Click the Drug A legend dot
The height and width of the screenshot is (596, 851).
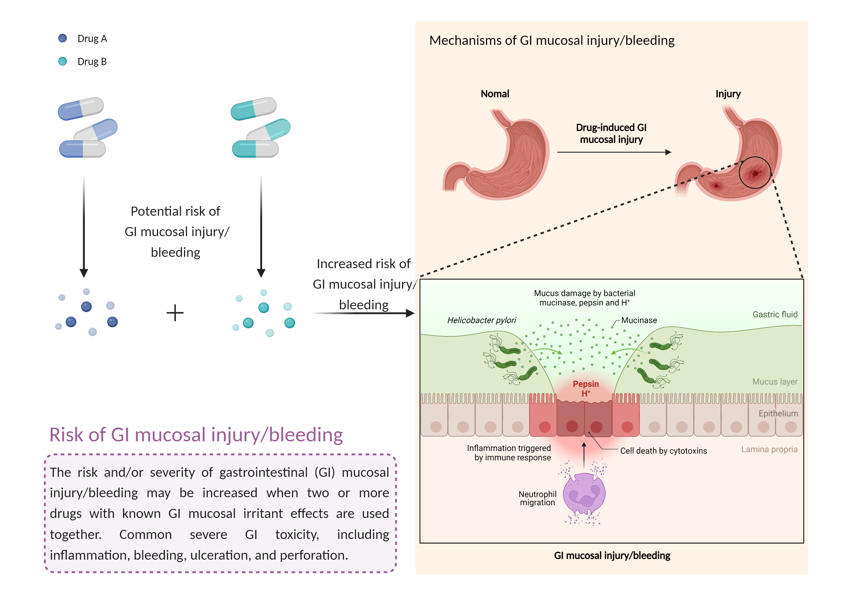click(62, 38)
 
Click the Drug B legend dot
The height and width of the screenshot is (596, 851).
click(62, 61)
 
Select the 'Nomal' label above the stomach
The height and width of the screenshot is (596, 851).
click(495, 94)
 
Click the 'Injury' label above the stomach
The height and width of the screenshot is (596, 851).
click(728, 94)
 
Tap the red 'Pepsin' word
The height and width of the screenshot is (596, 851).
click(585, 384)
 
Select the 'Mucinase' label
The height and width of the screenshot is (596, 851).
click(639, 320)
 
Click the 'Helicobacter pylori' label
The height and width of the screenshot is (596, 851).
click(481, 320)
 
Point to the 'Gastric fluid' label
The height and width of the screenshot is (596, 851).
click(775, 314)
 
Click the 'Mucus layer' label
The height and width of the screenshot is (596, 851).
click(775, 382)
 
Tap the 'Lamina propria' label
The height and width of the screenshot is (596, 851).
click(769, 450)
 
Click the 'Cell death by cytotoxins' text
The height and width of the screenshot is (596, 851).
click(663, 451)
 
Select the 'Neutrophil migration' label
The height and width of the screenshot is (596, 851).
click(538, 498)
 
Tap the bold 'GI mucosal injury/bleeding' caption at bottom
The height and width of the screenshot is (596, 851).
click(612, 556)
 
